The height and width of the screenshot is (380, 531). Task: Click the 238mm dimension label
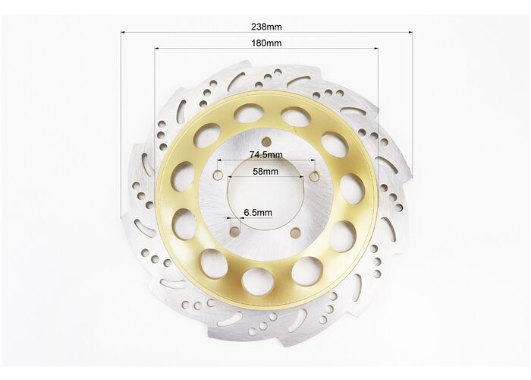point(266,27)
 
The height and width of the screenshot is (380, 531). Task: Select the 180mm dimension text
point(266,43)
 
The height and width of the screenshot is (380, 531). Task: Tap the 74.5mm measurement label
point(265,155)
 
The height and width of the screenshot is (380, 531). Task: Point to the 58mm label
point(265,171)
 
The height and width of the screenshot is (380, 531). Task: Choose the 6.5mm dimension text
point(258,213)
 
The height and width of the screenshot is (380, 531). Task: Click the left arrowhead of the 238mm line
point(123,32)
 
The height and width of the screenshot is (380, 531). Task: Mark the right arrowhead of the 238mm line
point(410,33)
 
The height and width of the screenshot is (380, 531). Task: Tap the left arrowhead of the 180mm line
point(157,49)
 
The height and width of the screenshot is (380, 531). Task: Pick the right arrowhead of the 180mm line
point(376,49)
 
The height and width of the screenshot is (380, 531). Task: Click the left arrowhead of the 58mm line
point(231,177)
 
